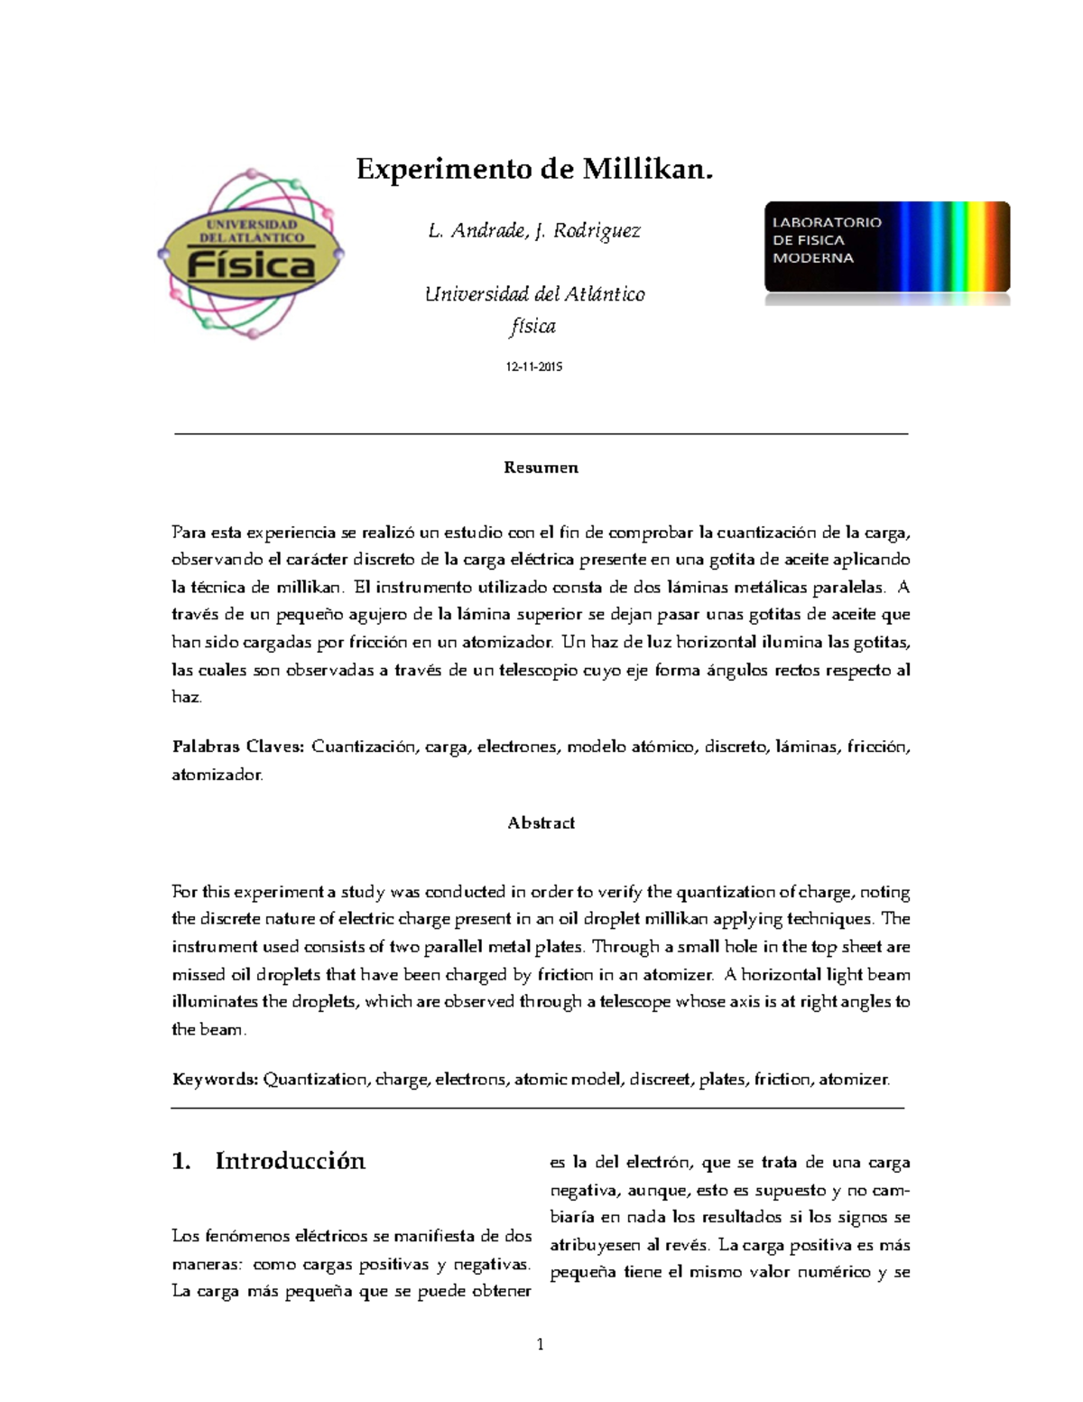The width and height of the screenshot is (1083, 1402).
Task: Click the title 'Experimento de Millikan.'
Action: [534, 169]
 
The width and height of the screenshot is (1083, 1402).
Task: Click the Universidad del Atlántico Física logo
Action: [250, 254]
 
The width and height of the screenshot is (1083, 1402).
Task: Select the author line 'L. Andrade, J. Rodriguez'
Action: [534, 231]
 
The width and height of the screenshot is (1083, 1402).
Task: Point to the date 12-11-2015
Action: [534, 367]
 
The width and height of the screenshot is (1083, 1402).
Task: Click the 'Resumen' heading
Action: [541, 468]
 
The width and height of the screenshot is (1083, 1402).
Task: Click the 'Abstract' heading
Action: [541, 823]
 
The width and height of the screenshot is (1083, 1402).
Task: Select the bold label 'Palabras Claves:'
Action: [238, 747]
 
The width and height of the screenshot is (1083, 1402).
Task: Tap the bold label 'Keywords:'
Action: [215, 1080]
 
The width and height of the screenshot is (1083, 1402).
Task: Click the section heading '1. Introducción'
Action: [268, 1161]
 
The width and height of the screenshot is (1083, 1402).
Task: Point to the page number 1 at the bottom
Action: [541, 1345]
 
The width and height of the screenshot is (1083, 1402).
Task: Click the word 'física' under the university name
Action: [532, 327]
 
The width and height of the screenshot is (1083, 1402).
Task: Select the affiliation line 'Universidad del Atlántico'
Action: [534, 294]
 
